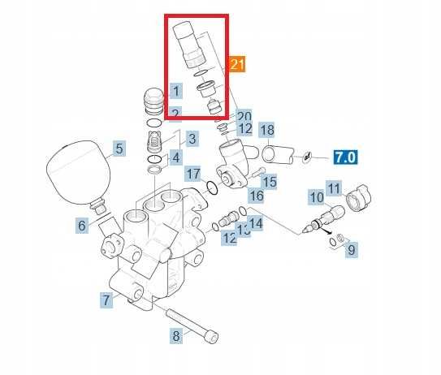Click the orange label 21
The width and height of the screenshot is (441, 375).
click(237, 64)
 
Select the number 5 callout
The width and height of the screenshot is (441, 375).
click(119, 149)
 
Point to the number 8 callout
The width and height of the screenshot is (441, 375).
click(175, 334)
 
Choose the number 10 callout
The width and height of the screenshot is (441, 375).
click(316, 197)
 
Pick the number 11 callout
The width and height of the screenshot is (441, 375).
click(334, 189)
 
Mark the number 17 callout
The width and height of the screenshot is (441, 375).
click(192, 174)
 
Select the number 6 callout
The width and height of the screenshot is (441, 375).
click(83, 226)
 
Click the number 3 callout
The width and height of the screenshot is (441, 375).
click(192, 139)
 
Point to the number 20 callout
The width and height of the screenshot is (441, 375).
click(244, 117)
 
